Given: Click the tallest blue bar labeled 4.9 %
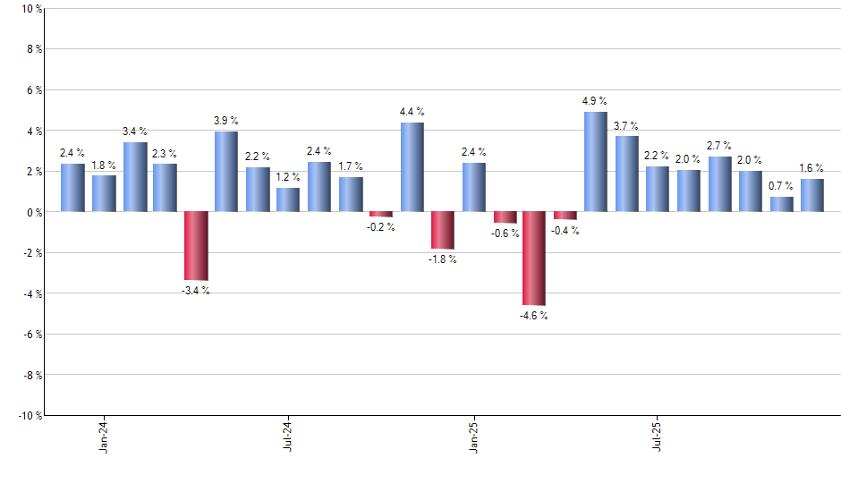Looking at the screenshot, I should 596,162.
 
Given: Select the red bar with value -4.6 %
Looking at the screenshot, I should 534,259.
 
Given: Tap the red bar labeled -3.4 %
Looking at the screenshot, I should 196,246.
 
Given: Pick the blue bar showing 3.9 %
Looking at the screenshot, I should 226,172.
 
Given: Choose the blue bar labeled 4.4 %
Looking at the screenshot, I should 412,167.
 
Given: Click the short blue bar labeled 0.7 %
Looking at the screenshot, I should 781,204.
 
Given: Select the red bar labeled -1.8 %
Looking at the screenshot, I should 442,230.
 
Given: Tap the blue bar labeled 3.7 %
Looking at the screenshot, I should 626,174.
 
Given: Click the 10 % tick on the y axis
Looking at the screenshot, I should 31,9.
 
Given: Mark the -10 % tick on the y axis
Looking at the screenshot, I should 30,416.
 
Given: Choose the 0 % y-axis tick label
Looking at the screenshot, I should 34,212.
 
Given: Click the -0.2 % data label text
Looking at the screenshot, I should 381,227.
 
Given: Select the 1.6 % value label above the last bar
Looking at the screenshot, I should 811,168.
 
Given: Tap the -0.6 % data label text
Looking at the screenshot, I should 505,233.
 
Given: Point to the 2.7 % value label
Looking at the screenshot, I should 719,146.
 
